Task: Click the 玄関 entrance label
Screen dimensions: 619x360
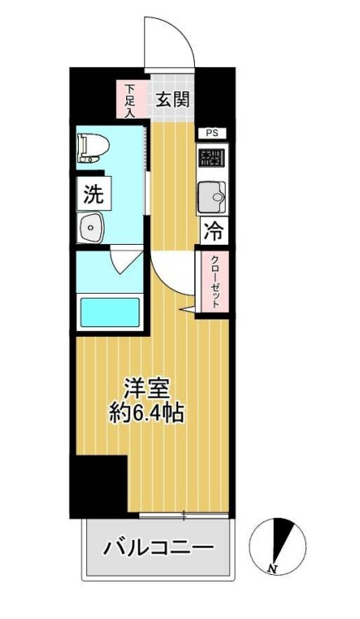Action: pyautogui.click(x=173, y=100)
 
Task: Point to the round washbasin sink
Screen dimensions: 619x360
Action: pyautogui.click(x=90, y=227)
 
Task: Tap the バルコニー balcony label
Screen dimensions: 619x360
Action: pyautogui.click(x=158, y=548)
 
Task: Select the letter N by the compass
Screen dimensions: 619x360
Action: pyautogui.click(x=272, y=568)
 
